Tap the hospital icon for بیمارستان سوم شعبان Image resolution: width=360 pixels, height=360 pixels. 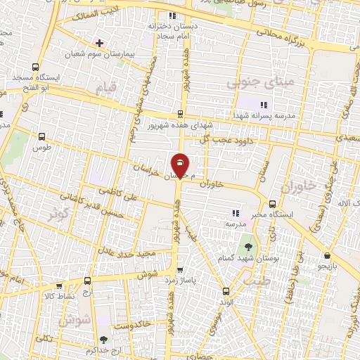[x=100, y=43]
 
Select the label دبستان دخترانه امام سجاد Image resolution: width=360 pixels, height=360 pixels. [x=167, y=29]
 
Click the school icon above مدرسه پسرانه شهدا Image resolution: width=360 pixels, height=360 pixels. [x=264, y=105]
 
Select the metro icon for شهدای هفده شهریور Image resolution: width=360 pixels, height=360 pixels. [x=181, y=114]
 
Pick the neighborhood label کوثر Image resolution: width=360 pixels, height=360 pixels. [x=59, y=213]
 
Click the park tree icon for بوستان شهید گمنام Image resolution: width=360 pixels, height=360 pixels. [x=248, y=246]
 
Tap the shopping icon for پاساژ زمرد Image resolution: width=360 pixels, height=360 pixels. [x=180, y=269]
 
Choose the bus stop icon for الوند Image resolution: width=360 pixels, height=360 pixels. [x=226, y=290]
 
